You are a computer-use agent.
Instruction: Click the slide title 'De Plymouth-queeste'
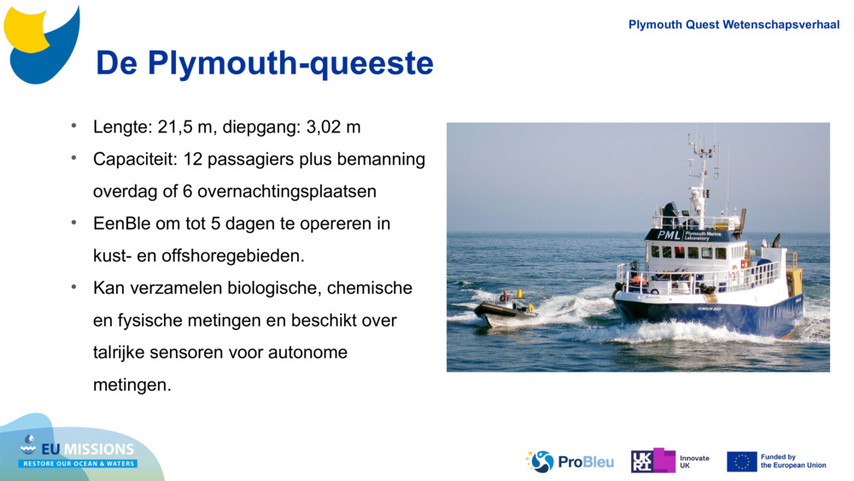click(x=265, y=63)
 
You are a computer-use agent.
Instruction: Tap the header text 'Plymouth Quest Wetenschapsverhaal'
click(x=734, y=25)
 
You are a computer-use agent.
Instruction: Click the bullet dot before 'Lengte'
click(x=74, y=126)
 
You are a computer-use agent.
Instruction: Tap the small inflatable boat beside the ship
click(x=506, y=309)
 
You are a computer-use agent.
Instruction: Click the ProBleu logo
click(x=570, y=461)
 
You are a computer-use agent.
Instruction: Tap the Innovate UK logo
click(x=670, y=461)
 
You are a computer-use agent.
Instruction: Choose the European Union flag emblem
click(x=741, y=461)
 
